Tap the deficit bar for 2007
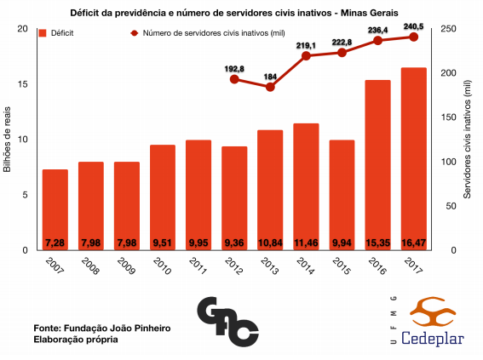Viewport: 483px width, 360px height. click(x=55, y=209)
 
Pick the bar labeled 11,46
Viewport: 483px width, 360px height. click(x=306, y=186)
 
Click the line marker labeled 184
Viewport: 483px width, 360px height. click(x=270, y=87)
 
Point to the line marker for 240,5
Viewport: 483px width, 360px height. click(x=414, y=37)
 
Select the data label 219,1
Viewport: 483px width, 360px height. click(x=306, y=46)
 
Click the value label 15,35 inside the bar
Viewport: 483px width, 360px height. click(x=377, y=243)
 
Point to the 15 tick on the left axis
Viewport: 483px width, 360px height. click(x=25, y=84)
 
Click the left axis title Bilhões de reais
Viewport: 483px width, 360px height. click(x=8, y=140)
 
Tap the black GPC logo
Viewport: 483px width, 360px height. click(x=228, y=320)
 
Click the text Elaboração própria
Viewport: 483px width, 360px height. click(x=76, y=340)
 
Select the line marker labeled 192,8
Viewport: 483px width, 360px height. click(x=233, y=79)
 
